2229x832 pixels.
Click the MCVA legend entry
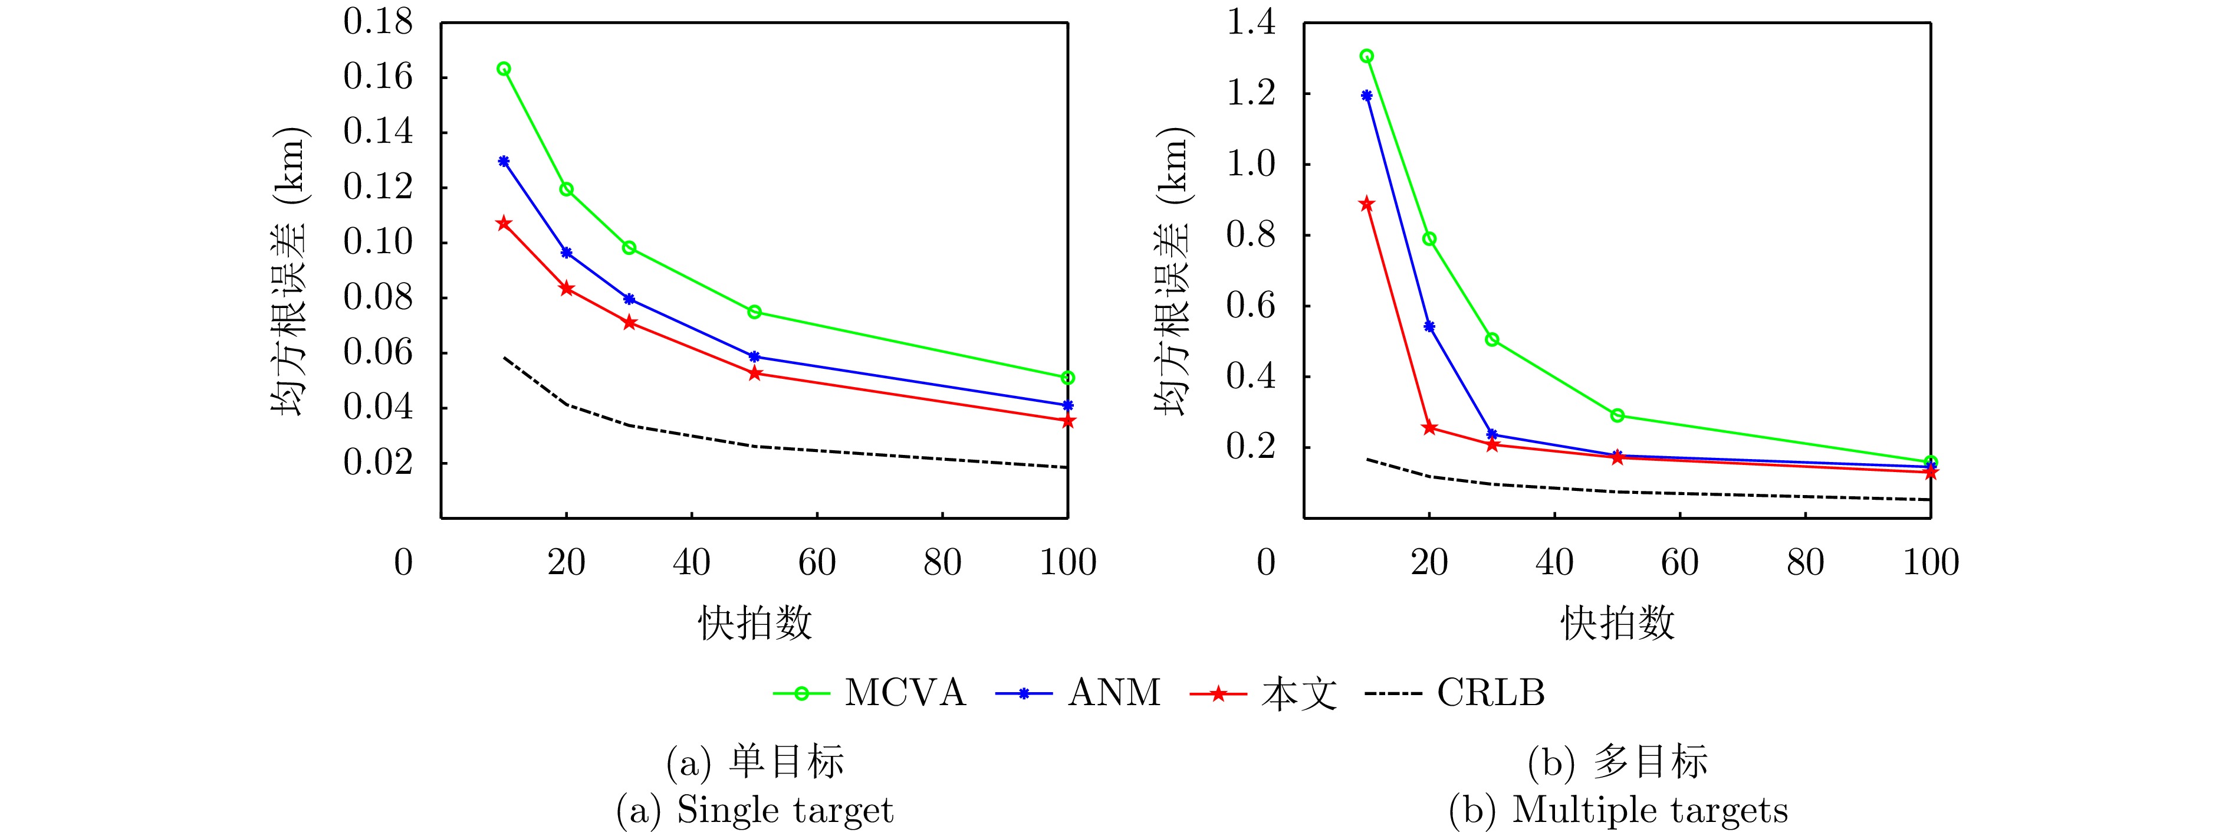[x=903, y=693]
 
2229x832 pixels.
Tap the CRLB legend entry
[x=1490, y=693]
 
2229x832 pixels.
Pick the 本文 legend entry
[x=1298, y=693]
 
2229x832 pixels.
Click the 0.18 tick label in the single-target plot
[x=378, y=22]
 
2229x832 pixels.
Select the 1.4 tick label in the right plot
[x=1251, y=22]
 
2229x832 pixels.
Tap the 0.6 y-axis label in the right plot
[x=1251, y=306]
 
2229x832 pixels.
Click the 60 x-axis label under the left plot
[x=817, y=564]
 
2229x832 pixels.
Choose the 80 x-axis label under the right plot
[x=1805, y=564]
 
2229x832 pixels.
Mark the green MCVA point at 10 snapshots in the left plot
[x=504, y=69]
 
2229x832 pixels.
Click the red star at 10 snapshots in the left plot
[x=504, y=224]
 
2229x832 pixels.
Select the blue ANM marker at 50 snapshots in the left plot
[x=755, y=356]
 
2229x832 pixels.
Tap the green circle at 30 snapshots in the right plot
[x=1492, y=339]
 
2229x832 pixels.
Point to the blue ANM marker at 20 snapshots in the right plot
[x=1429, y=326]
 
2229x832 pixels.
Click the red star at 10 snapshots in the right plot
[x=1366, y=204]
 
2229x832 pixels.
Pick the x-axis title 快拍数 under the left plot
[x=755, y=623]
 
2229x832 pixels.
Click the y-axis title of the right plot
[x=1173, y=270]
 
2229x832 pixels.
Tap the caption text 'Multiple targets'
[x=1649, y=810]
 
